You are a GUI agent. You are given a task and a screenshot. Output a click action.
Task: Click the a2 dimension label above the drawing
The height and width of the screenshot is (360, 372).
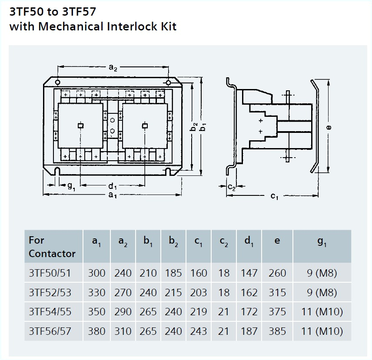coord(112,68)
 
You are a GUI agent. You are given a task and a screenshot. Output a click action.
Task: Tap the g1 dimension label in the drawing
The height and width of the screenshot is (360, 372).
coord(70,186)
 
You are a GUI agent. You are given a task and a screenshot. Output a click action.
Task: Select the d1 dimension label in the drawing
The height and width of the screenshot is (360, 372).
coord(113,186)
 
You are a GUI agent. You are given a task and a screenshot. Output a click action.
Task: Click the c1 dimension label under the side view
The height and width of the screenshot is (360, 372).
coord(274,196)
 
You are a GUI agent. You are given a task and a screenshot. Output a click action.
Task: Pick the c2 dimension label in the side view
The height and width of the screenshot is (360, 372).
coord(232,187)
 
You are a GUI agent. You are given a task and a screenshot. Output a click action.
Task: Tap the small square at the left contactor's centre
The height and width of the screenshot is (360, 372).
coord(80,126)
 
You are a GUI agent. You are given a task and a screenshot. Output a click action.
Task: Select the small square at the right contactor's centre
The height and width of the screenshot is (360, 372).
coord(145,126)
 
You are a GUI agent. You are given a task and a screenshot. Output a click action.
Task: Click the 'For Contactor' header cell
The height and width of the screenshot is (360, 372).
coord(52,247)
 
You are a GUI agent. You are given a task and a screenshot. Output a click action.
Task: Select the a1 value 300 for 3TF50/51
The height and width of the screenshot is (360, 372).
coord(96,273)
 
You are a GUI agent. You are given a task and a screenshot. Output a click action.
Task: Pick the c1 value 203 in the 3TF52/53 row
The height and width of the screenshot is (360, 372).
coord(199,293)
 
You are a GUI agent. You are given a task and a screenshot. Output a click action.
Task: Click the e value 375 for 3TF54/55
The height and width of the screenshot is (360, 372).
coord(277,312)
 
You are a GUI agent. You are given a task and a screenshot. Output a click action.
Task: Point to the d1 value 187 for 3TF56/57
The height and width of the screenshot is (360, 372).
coord(249,331)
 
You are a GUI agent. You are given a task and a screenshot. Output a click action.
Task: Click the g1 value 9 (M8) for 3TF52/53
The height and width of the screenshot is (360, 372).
coord(322,293)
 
